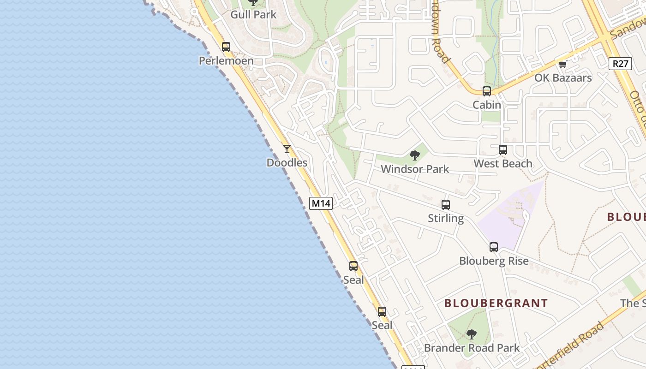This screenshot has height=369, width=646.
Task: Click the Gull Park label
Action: [x=253, y=15]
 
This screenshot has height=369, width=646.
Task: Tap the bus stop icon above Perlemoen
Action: [x=226, y=47]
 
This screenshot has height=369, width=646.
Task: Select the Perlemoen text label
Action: [x=226, y=61]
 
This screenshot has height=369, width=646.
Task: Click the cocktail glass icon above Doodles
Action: [x=287, y=149]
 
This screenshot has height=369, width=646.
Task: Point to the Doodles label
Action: [x=287, y=163]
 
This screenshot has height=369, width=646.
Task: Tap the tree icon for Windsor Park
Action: [x=415, y=155]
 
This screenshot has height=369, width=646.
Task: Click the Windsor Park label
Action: [x=415, y=169]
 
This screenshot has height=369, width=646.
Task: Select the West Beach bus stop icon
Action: [x=503, y=149]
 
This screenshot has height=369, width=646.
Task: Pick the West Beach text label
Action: [x=503, y=164]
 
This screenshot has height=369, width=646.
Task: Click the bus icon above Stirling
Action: [x=446, y=204]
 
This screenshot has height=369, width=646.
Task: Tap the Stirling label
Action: [x=446, y=218]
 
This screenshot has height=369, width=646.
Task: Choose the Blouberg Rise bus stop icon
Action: [x=494, y=247]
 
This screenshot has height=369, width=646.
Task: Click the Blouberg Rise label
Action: [x=494, y=261]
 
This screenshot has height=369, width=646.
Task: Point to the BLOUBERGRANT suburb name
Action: [x=496, y=304]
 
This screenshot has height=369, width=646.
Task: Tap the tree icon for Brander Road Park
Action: [x=472, y=333]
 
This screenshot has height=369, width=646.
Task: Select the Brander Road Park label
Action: [x=472, y=348]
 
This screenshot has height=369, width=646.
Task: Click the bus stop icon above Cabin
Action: [x=487, y=91]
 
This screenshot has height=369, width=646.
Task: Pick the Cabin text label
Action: [x=487, y=105]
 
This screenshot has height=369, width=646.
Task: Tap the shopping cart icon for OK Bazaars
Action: [x=562, y=64]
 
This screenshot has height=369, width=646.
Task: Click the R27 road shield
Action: [x=620, y=64]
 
